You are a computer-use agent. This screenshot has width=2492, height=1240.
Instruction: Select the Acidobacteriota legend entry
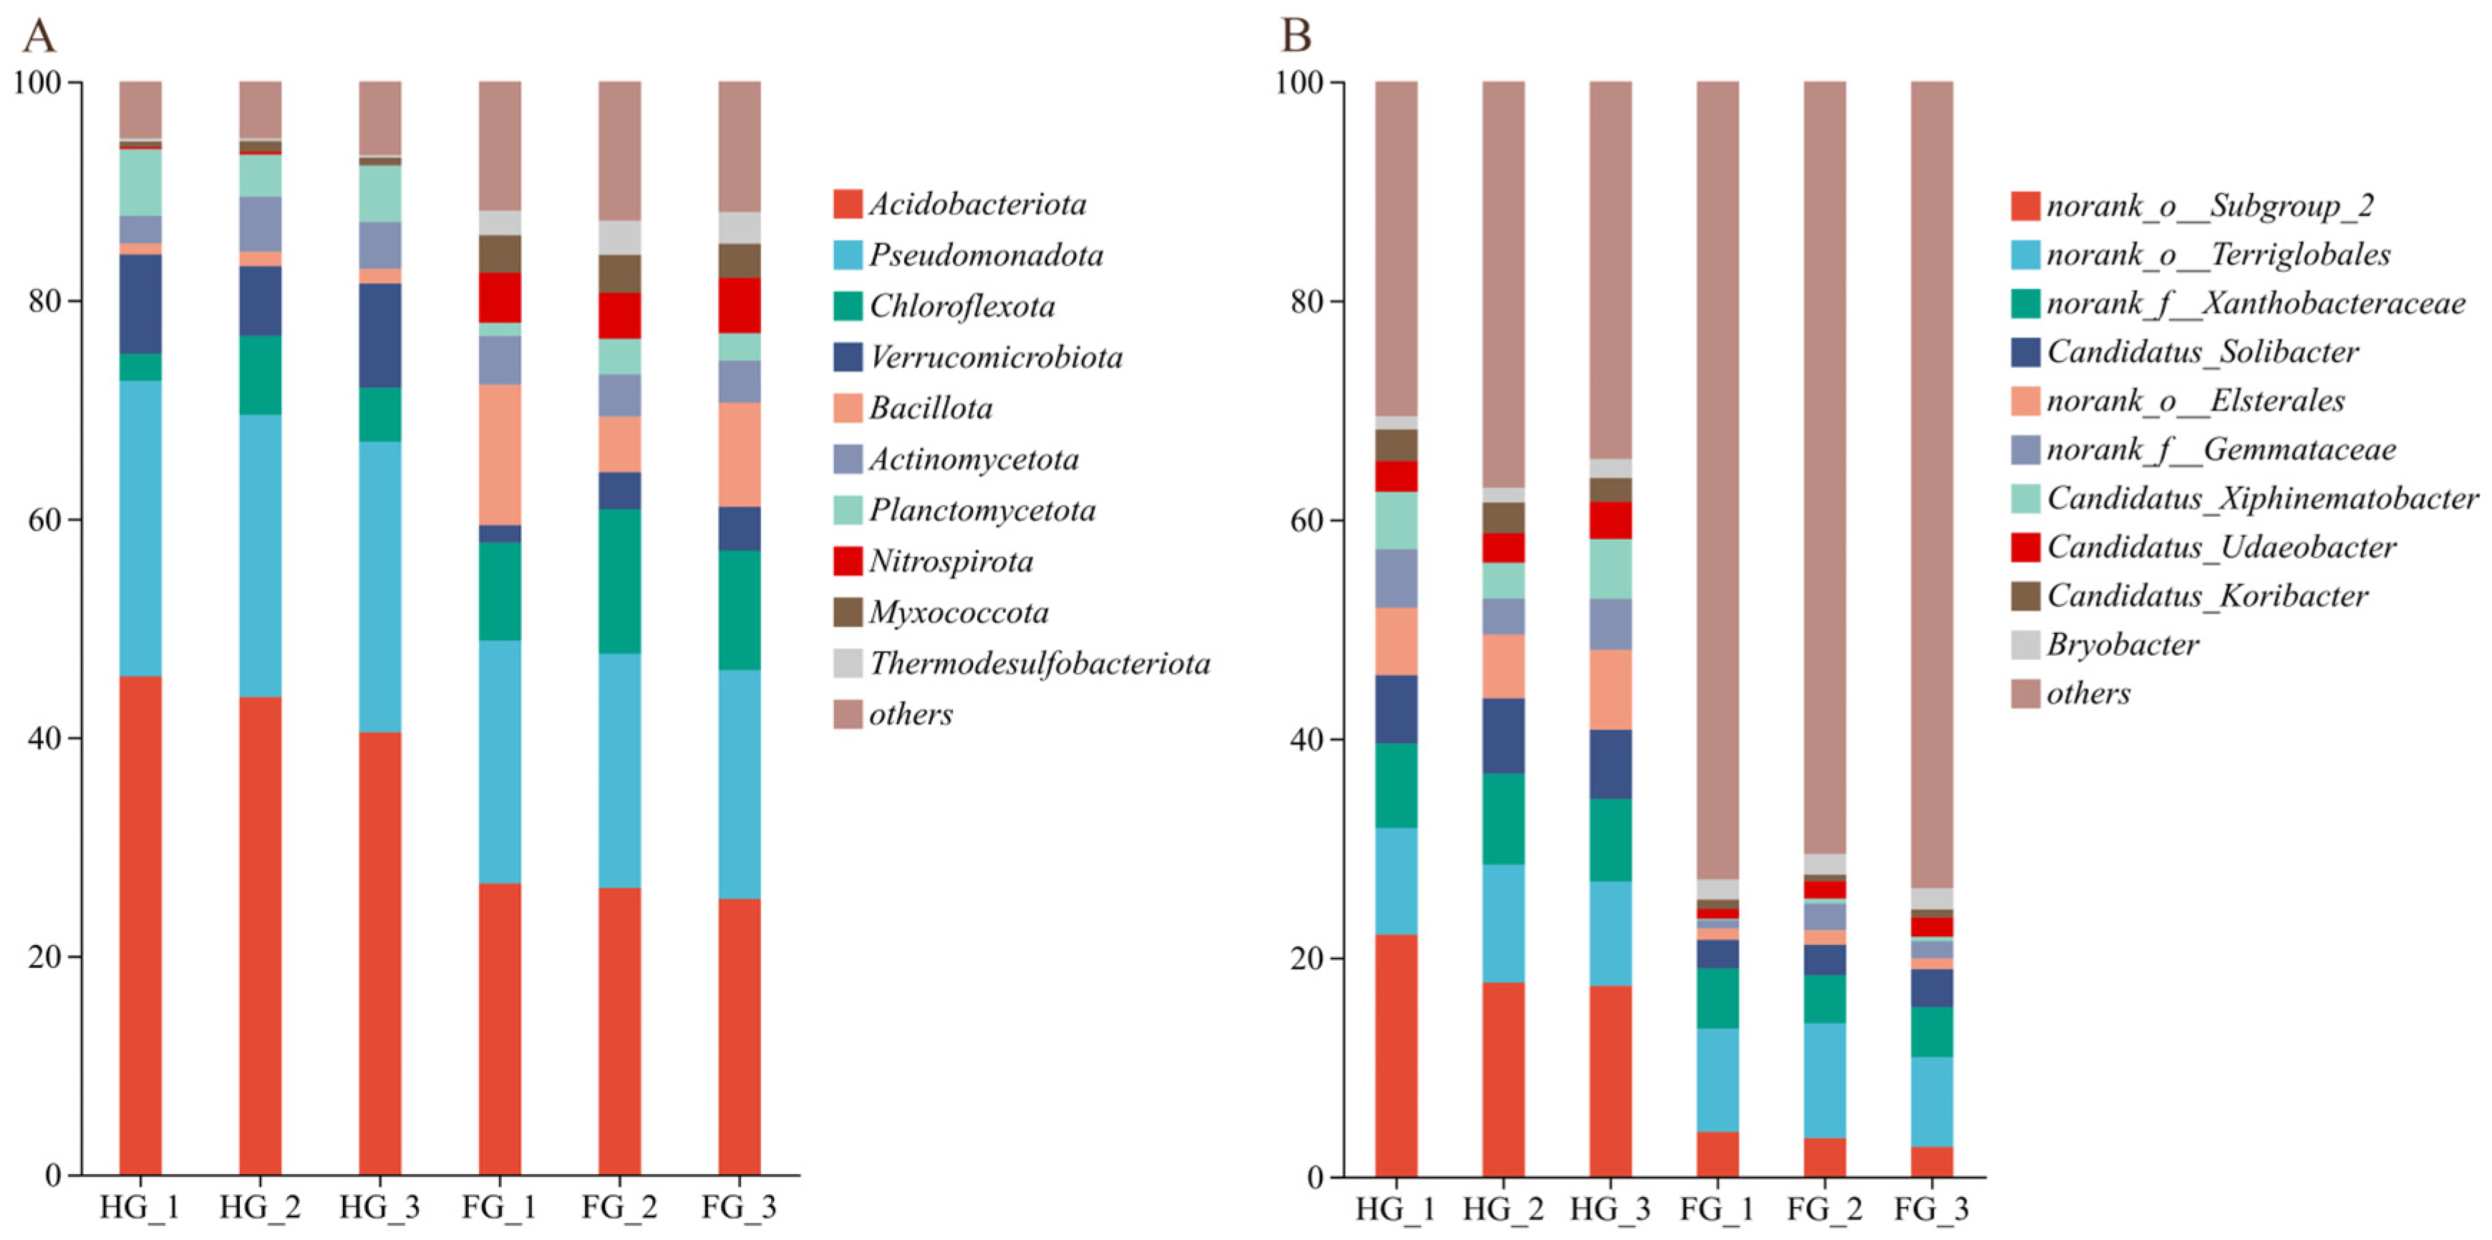pos(960,204)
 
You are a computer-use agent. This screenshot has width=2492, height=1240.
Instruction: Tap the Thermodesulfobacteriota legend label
pos(1040,664)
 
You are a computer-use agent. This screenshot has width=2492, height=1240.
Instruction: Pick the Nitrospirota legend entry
pos(934,561)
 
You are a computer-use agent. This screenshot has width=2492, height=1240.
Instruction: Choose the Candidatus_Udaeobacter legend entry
pos(2203,548)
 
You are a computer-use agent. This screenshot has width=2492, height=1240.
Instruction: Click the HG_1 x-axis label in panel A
pos(140,1208)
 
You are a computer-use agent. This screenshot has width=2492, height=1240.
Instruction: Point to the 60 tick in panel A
pos(42,519)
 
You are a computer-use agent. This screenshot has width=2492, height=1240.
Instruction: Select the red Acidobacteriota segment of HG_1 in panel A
pos(140,926)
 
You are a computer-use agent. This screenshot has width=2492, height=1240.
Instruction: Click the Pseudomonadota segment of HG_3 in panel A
pos(380,587)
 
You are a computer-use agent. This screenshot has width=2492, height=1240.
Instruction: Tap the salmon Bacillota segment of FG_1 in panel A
pos(500,455)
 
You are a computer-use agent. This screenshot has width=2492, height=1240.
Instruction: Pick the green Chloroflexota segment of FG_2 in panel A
pos(619,581)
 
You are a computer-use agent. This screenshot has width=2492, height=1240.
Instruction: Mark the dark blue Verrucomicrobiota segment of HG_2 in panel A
pos(261,301)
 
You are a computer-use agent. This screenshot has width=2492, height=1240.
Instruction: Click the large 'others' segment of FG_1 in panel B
pos(1717,480)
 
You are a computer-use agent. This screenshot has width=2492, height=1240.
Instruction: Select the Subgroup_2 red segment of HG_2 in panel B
pos(1503,1080)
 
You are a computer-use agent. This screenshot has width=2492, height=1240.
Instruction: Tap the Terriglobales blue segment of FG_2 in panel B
pos(1825,1080)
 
